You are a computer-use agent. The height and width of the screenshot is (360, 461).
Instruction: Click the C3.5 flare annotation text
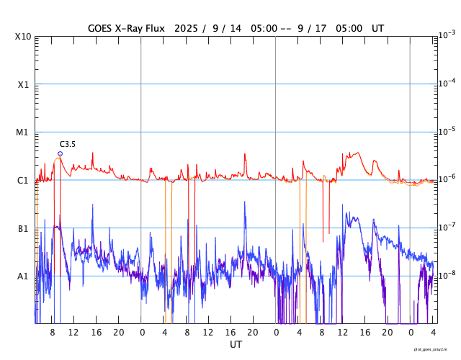click(67, 145)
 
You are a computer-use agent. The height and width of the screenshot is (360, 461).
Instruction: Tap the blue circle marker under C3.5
click(60, 153)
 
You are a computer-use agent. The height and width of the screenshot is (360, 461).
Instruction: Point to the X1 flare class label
click(24, 85)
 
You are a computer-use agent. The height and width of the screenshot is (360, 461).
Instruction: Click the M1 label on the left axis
click(24, 132)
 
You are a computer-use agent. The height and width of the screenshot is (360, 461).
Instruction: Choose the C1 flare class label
click(24, 181)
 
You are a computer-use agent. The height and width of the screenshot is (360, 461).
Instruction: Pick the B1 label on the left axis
click(24, 228)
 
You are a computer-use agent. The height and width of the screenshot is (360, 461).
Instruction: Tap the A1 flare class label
click(24, 276)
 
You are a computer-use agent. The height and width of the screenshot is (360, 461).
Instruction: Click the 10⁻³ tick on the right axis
click(446, 35)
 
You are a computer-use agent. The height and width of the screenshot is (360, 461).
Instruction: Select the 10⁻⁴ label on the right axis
click(446, 83)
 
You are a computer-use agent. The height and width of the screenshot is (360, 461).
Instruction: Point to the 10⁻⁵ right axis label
click(446, 131)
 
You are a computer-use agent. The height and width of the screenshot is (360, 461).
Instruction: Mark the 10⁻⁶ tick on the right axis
click(446, 179)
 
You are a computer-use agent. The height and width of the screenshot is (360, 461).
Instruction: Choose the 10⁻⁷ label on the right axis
click(446, 227)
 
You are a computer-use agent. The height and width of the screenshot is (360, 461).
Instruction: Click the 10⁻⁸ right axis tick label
click(446, 274)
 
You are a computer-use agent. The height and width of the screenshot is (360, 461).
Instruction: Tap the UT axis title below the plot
click(236, 345)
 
